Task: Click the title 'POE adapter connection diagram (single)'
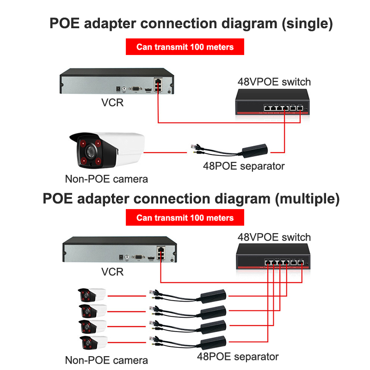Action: click(x=191, y=24)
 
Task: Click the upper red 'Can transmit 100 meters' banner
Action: click(x=185, y=47)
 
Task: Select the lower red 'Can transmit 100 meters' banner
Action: click(x=185, y=218)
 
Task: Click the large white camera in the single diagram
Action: click(x=106, y=150)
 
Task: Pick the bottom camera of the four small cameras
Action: click(x=92, y=343)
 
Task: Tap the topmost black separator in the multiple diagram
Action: click(x=213, y=295)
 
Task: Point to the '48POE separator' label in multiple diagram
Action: click(x=238, y=357)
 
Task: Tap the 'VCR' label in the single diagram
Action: click(x=112, y=102)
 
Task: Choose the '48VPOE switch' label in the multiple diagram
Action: click(x=274, y=237)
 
